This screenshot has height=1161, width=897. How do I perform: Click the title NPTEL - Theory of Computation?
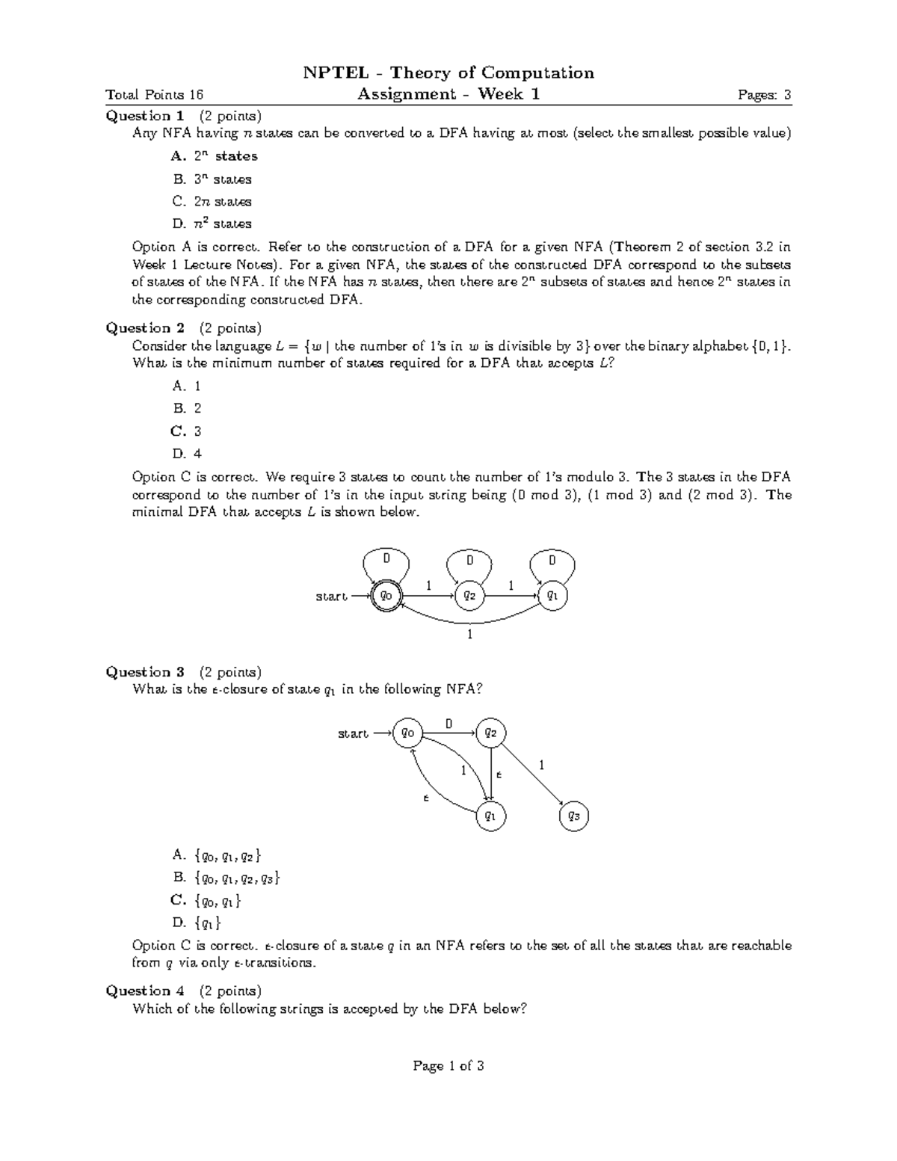click(x=448, y=73)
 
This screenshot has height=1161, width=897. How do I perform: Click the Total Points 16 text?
click(x=155, y=94)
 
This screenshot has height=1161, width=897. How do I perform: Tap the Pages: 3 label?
click(x=764, y=94)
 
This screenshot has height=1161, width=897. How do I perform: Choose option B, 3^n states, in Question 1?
click(x=212, y=179)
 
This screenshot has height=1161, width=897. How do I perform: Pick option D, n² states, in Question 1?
click(x=212, y=224)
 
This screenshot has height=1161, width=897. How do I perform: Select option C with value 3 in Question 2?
click(x=188, y=431)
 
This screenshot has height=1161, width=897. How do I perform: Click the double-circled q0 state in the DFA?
click(x=386, y=596)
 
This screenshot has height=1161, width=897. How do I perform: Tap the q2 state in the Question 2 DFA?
click(x=469, y=596)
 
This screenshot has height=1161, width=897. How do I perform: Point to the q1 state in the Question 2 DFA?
click(x=552, y=596)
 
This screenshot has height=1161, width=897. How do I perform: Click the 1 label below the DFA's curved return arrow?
click(x=469, y=635)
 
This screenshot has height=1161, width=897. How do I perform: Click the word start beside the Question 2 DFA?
click(x=331, y=597)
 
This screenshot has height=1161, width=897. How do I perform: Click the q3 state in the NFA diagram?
click(x=573, y=816)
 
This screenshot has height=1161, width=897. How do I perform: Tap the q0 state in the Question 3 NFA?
click(x=407, y=733)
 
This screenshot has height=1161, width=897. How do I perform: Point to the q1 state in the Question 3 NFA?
click(x=490, y=816)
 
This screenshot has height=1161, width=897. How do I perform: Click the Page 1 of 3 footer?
click(x=449, y=1066)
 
